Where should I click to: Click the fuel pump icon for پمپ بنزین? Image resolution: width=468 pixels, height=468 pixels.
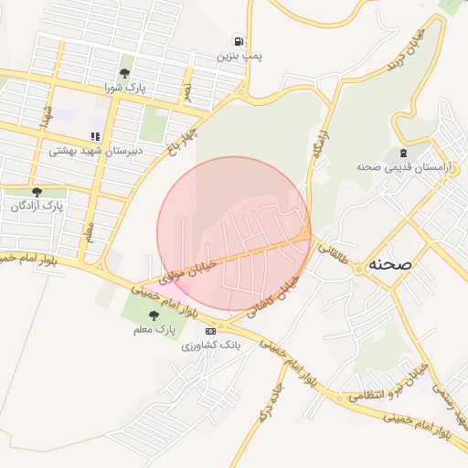click(239, 41)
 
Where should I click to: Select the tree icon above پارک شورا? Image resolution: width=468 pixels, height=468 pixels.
click(124, 73)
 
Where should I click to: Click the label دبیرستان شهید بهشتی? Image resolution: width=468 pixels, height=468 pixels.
click(91, 151)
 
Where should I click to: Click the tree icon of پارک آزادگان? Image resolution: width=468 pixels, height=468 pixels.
click(37, 192)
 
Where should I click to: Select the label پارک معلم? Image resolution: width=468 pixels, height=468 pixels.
click(153, 328)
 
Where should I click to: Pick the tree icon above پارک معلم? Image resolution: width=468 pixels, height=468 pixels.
click(165, 314)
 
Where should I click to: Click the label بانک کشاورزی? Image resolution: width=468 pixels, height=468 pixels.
click(210, 346)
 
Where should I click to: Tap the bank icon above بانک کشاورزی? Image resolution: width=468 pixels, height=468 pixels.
click(211, 330)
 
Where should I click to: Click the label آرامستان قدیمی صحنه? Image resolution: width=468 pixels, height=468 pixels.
click(395, 166)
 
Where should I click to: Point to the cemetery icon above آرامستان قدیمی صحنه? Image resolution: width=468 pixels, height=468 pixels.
click(402, 152)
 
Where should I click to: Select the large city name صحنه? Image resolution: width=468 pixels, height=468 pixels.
click(390, 264)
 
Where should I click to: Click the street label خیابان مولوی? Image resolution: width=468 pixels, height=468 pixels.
click(187, 269)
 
